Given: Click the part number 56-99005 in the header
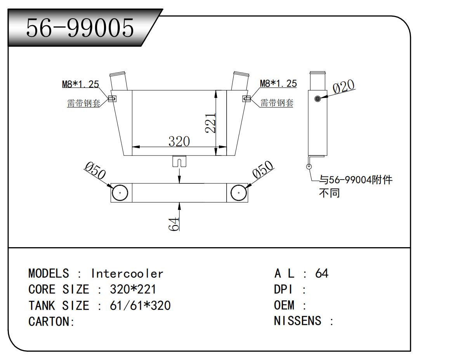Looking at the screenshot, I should tap(80, 28).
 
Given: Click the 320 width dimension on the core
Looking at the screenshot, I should tap(179, 141).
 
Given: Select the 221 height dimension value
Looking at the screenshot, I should tap(210, 123).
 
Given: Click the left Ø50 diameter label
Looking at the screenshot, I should tap(95, 171).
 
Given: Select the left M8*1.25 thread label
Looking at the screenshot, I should tap(80, 84).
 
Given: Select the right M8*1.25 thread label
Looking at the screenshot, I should tap(278, 83).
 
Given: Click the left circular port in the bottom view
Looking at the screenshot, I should tap(120, 192).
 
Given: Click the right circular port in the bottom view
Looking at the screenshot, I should tap(238, 192).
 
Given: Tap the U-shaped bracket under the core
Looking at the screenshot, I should tap(179, 161).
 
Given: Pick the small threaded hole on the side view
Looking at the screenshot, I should tap(318, 99).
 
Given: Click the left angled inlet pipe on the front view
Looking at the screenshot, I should tap(118, 81).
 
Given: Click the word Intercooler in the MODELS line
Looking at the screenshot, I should tap(127, 274).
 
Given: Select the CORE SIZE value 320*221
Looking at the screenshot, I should tap(133, 290).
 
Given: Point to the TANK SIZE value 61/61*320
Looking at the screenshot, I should tap(140, 305).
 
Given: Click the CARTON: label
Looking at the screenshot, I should tap(51, 322).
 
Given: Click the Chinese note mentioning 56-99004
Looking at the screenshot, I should tap(355, 186).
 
